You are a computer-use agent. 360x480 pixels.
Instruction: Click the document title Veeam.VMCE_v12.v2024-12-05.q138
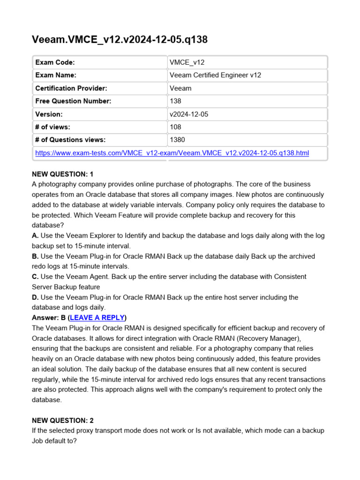coord(119,40)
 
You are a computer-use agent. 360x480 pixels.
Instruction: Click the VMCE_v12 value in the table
coord(187,62)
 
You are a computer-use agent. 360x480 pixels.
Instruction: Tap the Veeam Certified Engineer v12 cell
coord(215,75)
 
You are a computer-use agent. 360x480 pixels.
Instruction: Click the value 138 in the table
coord(175,101)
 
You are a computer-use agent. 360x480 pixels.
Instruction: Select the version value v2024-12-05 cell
coord(188,114)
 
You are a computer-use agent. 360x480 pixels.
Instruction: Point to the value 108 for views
coord(175,127)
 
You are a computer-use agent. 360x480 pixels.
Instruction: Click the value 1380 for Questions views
coord(177,140)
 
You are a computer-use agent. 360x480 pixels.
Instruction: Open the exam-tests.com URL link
coord(172,153)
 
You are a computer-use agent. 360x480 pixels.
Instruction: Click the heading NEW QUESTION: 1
coord(62,174)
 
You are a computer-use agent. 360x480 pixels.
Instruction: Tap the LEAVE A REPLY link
coord(97,317)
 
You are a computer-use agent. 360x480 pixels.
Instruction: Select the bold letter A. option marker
coord(35,236)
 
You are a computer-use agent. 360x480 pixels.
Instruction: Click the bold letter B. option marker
coord(35,256)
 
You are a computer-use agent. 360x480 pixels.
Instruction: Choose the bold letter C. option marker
coord(35,277)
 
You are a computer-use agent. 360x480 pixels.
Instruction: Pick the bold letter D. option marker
coord(35,297)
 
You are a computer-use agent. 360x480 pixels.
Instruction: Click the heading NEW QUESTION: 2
coord(62,420)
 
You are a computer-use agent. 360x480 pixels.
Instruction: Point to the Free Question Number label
coord(73,101)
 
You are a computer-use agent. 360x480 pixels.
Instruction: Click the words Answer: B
coord(49,317)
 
